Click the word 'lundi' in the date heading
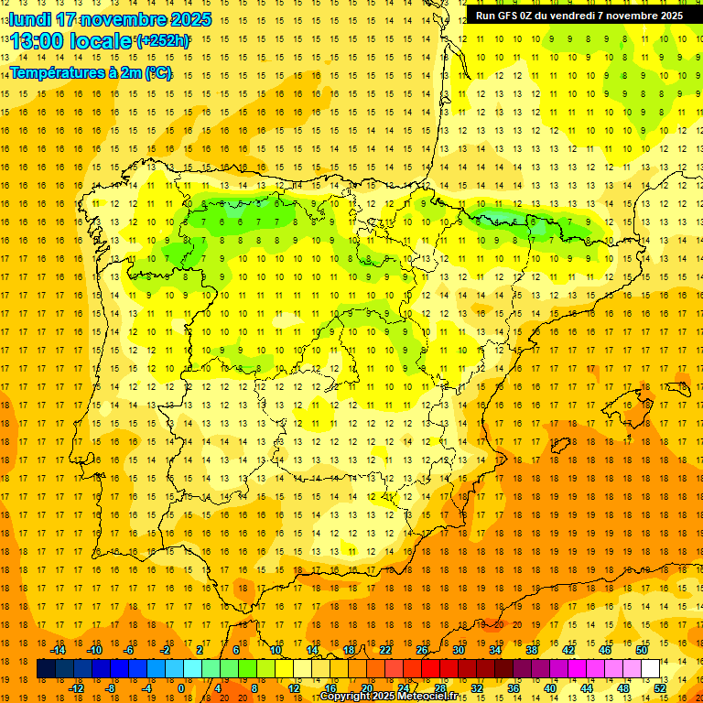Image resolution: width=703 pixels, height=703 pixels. click(x=29, y=19)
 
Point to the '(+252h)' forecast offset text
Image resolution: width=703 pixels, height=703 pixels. click(x=163, y=41)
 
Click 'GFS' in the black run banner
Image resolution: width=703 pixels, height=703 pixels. click(x=510, y=16)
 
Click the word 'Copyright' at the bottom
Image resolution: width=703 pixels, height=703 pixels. click(x=345, y=697)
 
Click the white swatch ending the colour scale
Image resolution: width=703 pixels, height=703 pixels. click(x=651, y=669)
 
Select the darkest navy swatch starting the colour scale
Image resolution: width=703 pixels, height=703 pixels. click(x=46, y=669)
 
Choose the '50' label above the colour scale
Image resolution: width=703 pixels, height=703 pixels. click(x=642, y=650)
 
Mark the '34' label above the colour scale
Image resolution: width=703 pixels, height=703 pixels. click(x=495, y=650)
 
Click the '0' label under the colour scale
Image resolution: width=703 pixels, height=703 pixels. click(x=181, y=688)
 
